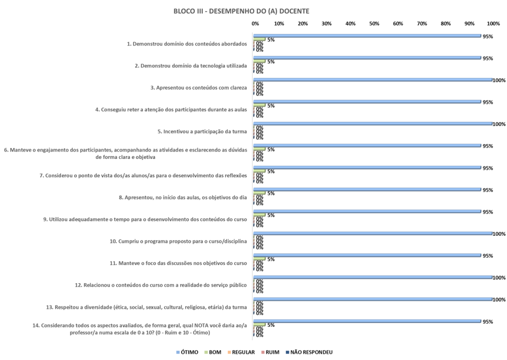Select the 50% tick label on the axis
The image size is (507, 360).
pyautogui.click(x=374, y=23)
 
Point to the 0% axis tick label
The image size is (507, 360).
pyautogui.click(x=255, y=23)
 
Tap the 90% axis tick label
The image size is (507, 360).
pyautogui.click(x=469, y=23)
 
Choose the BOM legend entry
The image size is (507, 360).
pyautogui.click(x=214, y=352)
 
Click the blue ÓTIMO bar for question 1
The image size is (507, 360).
pyautogui.click(x=367, y=36)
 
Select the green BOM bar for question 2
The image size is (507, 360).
pyautogui.click(x=259, y=61)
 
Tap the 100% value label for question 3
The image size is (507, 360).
pyautogui.click(x=499, y=80)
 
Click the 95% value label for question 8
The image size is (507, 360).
pyautogui.click(x=487, y=190)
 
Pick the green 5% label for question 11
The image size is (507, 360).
pyautogui.click(x=271, y=259)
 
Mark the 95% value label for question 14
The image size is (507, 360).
pyautogui.click(x=487, y=321)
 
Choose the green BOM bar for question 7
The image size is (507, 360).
pyautogui.click(x=259, y=171)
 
